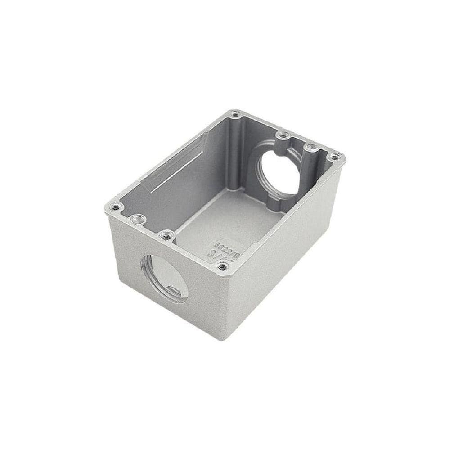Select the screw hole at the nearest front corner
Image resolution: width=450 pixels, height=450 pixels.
click(x=222, y=266)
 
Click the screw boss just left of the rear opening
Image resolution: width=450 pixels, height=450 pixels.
click(x=282, y=134)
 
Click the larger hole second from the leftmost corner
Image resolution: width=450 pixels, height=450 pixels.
click(x=136, y=219)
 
